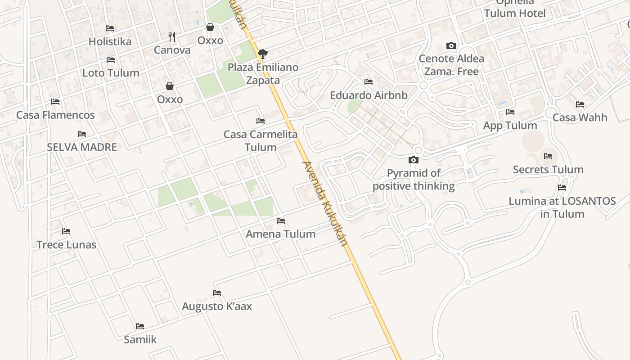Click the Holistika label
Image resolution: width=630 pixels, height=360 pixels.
pos(110,41)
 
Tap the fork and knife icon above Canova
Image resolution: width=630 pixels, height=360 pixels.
pos(172,36)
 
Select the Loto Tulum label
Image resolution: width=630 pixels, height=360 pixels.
pos(111,73)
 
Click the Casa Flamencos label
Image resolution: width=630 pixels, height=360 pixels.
pos(55,115)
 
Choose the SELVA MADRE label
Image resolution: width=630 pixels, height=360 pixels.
pos(82,147)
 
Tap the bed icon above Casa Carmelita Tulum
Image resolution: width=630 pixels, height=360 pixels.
pos(260,121)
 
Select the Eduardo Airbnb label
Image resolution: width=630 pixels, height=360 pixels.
pos(369,95)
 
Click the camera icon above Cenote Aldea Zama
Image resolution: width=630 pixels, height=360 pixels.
pos(451,45)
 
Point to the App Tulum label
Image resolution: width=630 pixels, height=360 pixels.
pos(510,126)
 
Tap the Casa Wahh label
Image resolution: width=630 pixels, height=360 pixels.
pos(580,118)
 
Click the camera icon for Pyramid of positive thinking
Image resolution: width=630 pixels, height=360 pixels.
pos(413,160)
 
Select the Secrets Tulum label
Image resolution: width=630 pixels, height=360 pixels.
pos(548,170)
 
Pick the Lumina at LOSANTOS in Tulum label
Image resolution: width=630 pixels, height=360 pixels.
pos(562,207)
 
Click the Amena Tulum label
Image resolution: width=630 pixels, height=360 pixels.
pos(280,234)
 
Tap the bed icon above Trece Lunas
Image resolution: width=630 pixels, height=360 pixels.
pos(66,231)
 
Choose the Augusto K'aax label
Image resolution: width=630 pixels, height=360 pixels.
pos(216,306)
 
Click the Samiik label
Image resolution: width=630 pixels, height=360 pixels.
pos(140,340)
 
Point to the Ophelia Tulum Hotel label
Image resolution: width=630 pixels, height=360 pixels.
pos(515,10)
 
